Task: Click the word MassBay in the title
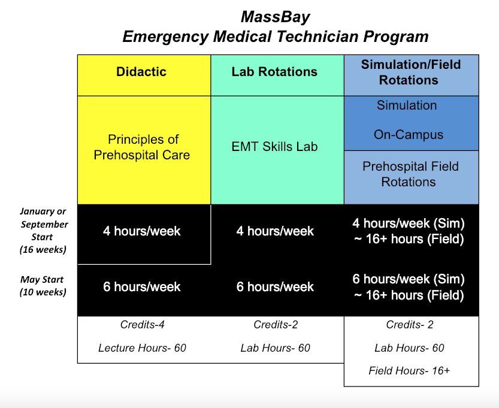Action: [x=276, y=17]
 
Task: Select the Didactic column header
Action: [x=144, y=75]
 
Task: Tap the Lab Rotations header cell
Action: [x=277, y=75]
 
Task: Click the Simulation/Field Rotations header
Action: [x=411, y=75]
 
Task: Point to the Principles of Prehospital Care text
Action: [x=142, y=147]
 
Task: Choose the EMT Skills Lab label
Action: [x=274, y=147]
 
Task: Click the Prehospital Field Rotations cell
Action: [x=411, y=177]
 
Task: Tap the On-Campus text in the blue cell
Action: [x=409, y=135]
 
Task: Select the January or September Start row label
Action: [x=44, y=231]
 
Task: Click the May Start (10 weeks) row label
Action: [x=43, y=285]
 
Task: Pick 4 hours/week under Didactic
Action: [x=141, y=231]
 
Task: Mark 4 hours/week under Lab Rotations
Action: [x=275, y=231]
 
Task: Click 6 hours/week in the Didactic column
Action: [x=141, y=287]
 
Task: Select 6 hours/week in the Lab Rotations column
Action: [x=275, y=287]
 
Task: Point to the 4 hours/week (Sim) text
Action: [x=409, y=223]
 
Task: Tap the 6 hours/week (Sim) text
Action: [x=409, y=279]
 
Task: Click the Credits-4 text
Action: [x=142, y=324]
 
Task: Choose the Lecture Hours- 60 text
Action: [x=142, y=348]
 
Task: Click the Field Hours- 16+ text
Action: [x=409, y=371]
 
